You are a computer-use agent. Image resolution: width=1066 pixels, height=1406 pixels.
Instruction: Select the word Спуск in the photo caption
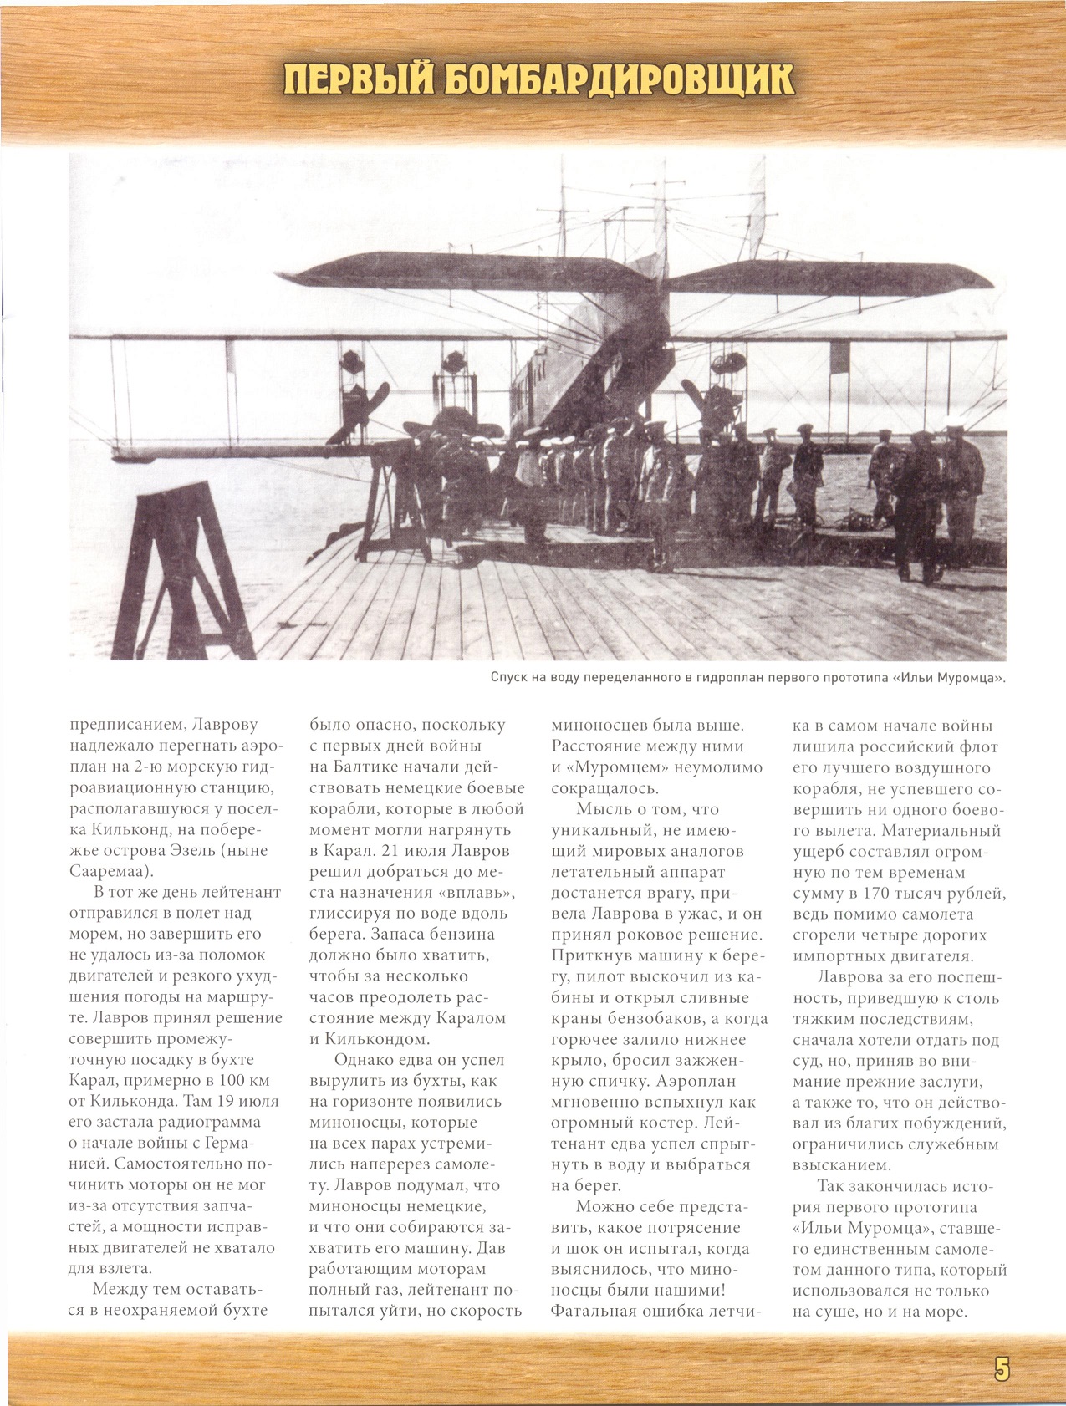(x=511, y=677)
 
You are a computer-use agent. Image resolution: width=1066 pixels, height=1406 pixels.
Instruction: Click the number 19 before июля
(x=227, y=1102)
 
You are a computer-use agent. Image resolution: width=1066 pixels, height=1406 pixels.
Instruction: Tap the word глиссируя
(x=350, y=914)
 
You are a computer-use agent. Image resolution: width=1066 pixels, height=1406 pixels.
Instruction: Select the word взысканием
(x=842, y=1165)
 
